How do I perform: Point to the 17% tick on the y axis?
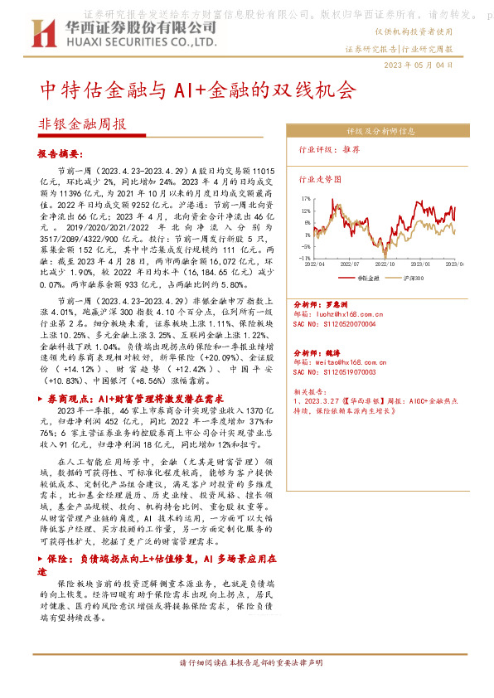tap(306, 198)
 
